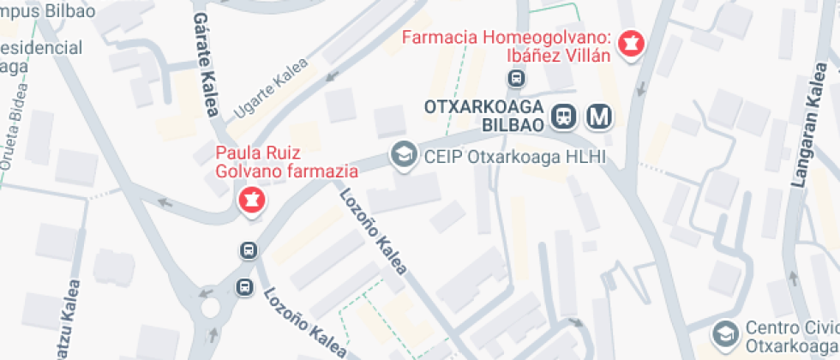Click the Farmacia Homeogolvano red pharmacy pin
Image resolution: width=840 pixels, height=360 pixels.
633,45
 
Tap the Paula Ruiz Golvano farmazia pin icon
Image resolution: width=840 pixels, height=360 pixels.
251,202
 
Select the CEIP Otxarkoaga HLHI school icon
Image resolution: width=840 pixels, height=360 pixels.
400,155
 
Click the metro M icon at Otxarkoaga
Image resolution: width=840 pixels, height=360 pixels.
599,115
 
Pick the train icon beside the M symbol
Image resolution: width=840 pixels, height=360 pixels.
564,115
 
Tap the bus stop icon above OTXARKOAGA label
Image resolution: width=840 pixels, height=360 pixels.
516,79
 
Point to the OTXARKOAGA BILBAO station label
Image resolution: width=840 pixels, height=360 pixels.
485,115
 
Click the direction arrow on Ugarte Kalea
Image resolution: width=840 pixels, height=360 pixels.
330,75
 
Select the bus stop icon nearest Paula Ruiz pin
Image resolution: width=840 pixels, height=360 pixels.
248,251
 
